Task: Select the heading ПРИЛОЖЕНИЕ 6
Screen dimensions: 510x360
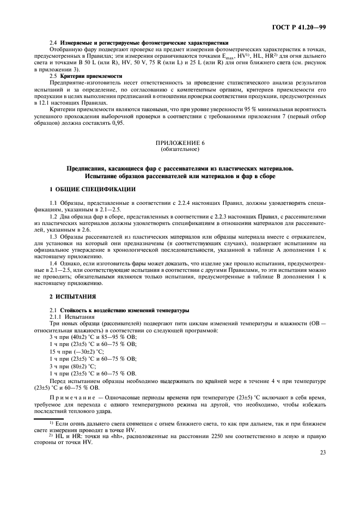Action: point(180,143)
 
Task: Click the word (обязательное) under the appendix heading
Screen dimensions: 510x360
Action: point(180,149)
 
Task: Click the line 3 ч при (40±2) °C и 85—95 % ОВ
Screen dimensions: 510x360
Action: point(93,337)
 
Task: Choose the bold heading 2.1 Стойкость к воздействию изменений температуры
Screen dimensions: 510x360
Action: point(119,309)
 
